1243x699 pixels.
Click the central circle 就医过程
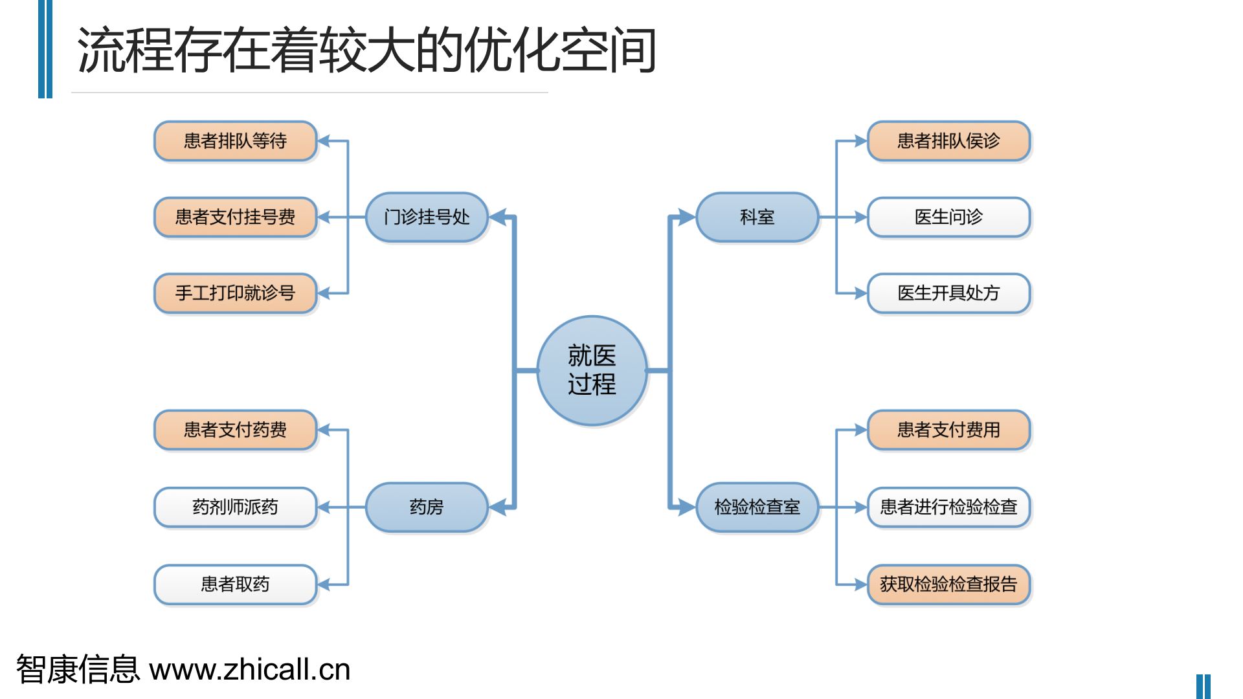592,370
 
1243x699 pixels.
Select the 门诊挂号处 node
427,217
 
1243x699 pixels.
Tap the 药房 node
427,507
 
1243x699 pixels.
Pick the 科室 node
757,217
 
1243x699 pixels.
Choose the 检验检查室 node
757,507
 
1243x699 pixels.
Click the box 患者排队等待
235,140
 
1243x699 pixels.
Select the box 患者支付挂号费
235,217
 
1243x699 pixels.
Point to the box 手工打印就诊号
235,293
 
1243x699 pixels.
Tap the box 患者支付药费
235,430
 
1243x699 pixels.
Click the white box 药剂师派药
235,507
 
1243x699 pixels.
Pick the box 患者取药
235,584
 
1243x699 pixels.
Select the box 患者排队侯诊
948,140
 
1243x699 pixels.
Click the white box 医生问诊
948,217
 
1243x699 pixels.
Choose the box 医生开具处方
948,293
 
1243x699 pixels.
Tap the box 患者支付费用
948,430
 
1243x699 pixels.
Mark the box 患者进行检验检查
948,507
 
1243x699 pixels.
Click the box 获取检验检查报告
948,584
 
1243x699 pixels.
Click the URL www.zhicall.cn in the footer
250,669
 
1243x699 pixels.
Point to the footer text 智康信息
78,669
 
